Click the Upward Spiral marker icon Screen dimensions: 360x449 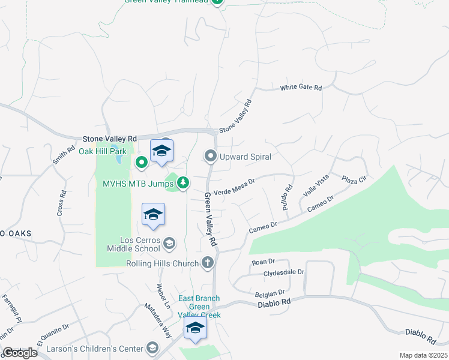pos(211,157)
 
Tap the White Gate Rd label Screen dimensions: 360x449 pos(301,88)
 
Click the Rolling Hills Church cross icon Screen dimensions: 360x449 pos(207,262)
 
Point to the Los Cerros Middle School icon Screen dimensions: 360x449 pos(169,243)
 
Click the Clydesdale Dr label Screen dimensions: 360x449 pos(284,272)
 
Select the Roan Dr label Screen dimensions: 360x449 pos(263,262)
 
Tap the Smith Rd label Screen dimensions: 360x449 pos(61,157)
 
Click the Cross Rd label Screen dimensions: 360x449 pos(62,204)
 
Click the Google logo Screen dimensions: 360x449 pos(20,353)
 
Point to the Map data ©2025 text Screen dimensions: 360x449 pos(423,355)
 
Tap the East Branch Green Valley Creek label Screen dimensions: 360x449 pos(199,307)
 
